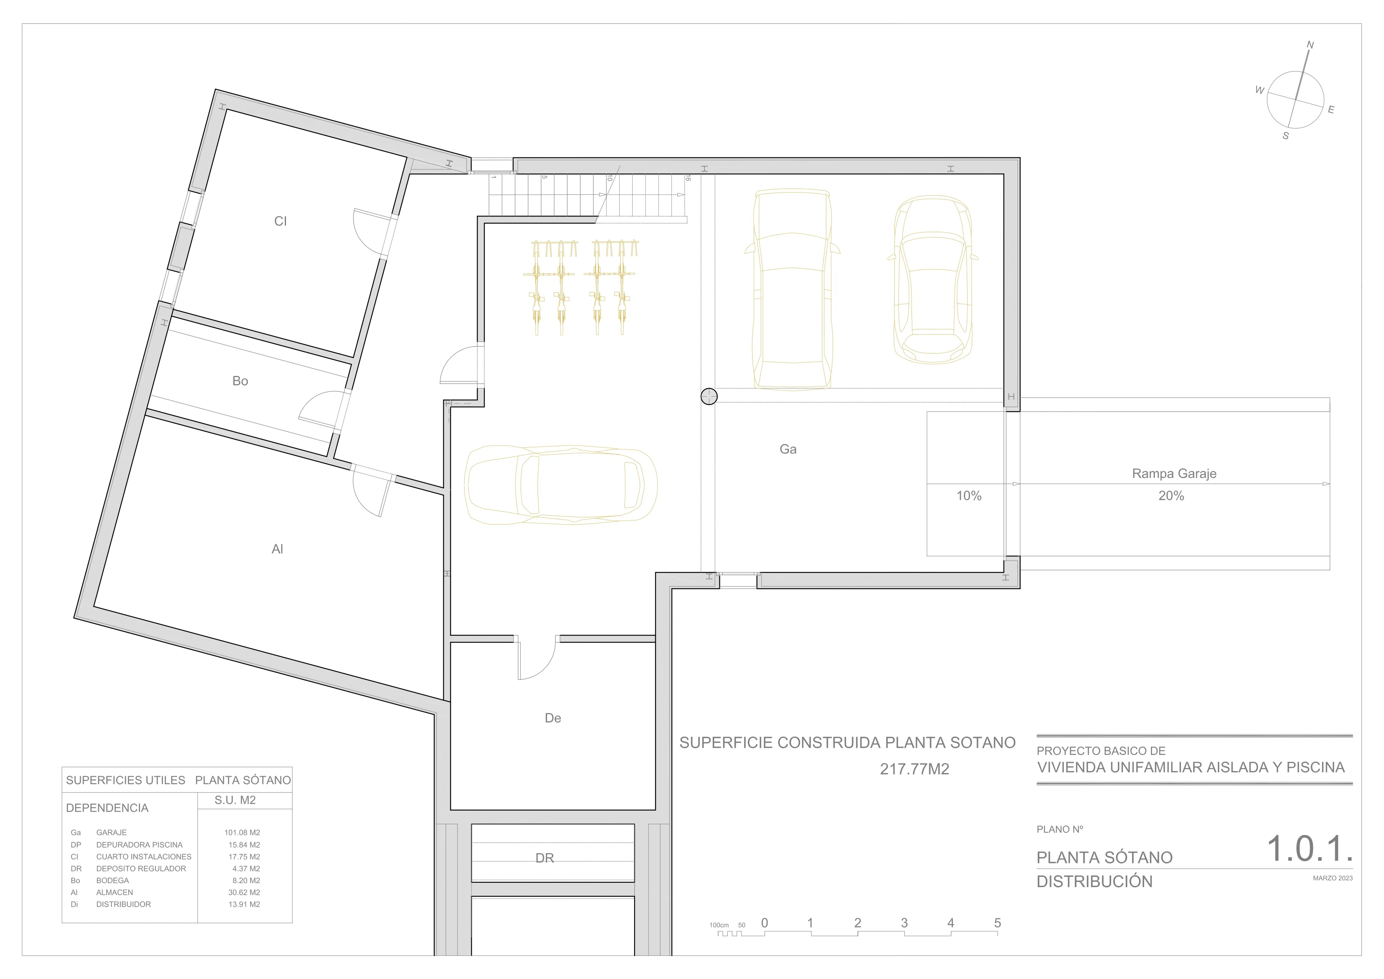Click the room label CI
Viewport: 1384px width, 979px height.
pyautogui.click(x=280, y=221)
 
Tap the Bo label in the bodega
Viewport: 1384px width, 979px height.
pyautogui.click(x=240, y=381)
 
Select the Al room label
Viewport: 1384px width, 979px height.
pyautogui.click(x=277, y=549)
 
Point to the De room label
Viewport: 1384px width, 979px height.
pyautogui.click(x=553, y=718)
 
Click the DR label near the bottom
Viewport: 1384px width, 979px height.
pyautogui.click(x=544, y=858)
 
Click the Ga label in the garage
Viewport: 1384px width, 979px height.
pyautogui.click(x=788, y=449)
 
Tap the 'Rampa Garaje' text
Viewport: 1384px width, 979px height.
pyautogui.click(x=1174, y=474)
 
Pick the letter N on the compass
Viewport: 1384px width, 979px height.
pyautogui.click(x=1310, y=45)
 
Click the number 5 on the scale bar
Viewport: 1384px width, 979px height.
pyautogui.click(x=997, y=923)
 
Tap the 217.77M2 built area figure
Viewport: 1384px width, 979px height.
pyautogui.click(x=914, y=769)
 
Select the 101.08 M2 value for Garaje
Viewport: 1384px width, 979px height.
pyautogui.click(x=242, y=833)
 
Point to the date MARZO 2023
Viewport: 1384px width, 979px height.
pyautogui.click(x=1333, y=878)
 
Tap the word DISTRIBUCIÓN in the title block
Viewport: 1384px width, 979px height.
pyautogui.click(x=1094, y=881)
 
